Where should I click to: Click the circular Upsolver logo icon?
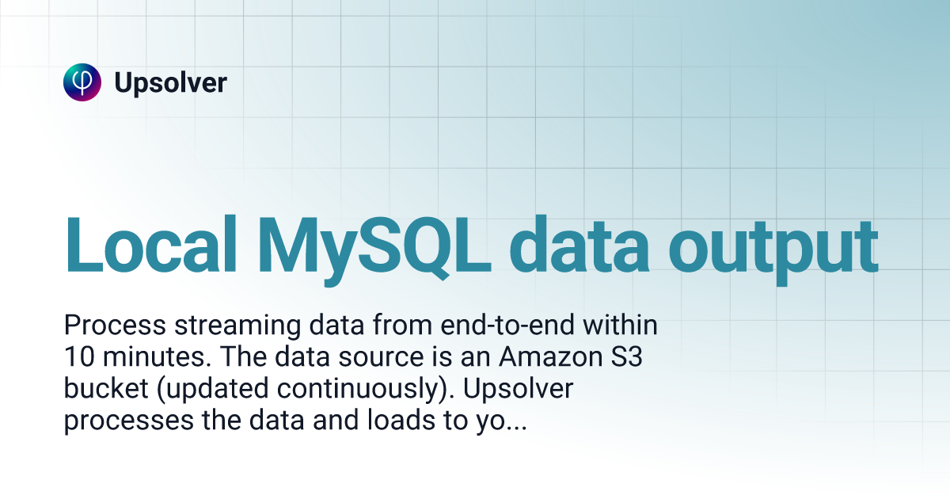tap(82, 82)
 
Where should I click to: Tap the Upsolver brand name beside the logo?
tap(170, 82)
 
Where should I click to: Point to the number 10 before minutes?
tap(77, 357)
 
